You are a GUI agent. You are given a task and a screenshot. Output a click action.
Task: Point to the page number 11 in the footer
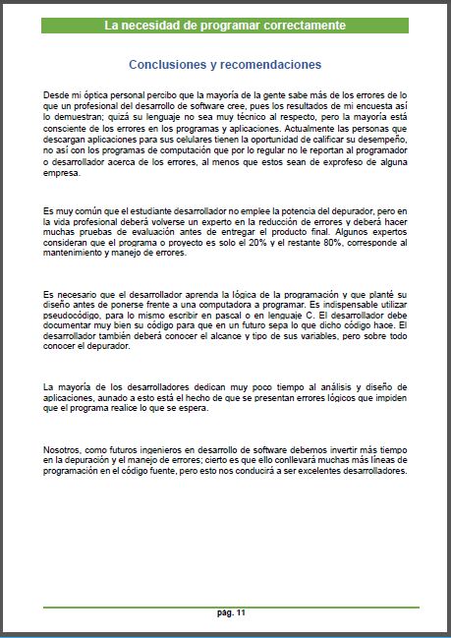click(240, 613)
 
